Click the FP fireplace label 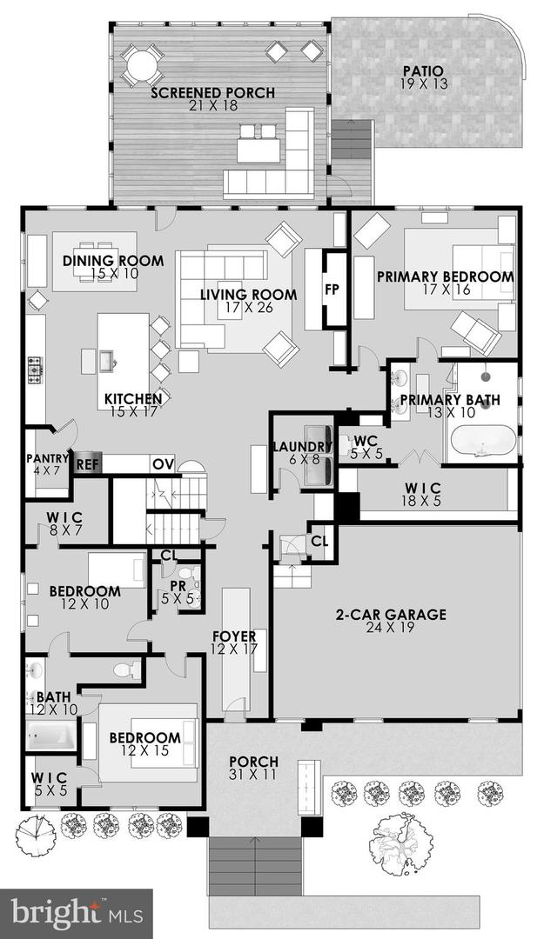(x=332, y=290)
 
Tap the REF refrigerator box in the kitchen (x=86, y=464)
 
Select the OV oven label (x=164, y=464)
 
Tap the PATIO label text (x=423, y=70)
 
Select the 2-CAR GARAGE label (x=391, y=615)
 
